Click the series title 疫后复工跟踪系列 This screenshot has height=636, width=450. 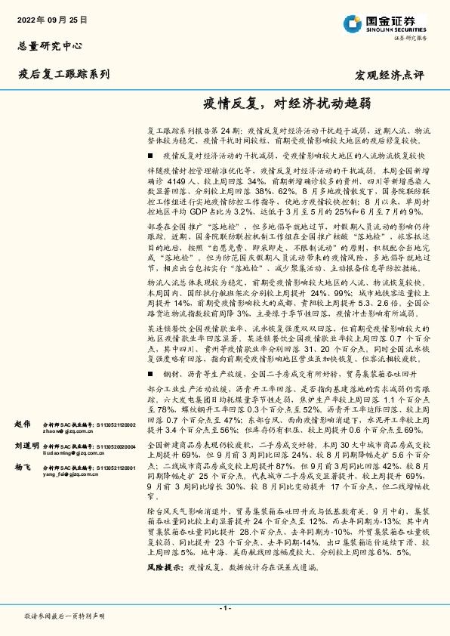pos(63,74)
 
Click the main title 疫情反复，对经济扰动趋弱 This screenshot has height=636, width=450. pos(286,103)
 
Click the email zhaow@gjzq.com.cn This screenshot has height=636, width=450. pos(65,432)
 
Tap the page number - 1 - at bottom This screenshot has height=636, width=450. pos(224,608)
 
